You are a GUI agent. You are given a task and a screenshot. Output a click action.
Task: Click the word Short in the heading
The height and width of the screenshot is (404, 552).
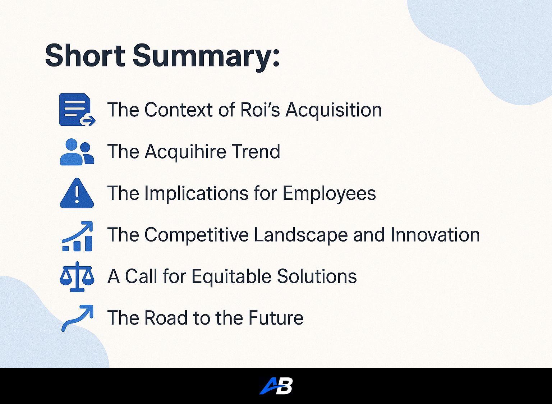(x=85, y=55)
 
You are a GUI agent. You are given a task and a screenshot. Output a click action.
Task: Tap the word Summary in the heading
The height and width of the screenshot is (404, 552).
(x=206, y=57)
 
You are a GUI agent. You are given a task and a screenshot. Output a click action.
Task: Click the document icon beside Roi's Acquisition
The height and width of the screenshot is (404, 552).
(x=77, y=109)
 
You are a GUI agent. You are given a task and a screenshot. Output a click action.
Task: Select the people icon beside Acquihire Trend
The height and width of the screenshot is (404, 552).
(x=77, y=152)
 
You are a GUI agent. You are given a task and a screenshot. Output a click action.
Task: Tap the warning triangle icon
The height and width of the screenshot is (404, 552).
(x=77, y=193)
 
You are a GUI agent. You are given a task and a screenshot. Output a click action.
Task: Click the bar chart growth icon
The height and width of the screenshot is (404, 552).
(x=77, y=236)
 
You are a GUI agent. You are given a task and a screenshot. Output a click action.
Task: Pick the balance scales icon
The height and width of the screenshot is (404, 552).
(x=77, y=277)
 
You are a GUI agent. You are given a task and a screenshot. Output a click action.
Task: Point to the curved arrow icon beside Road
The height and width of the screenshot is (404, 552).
(x=77, y=318)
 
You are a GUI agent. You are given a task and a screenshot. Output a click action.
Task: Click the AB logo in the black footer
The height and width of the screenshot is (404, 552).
(x=276, y=386)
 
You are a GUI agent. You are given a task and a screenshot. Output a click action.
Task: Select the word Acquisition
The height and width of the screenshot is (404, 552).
(x=333, y=110)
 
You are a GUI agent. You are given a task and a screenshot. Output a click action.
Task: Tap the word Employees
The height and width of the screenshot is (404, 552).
(x=329, y=194)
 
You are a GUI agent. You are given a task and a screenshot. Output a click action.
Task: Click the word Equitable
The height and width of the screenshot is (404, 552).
(x=231, y=277)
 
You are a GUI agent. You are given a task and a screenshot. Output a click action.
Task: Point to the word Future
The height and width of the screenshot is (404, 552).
(x=276, y=318)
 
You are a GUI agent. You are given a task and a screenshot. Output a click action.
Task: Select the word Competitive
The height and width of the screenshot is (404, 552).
(x=197, y=235)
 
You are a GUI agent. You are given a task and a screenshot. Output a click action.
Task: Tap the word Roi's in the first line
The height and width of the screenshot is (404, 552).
(x=260, y=110)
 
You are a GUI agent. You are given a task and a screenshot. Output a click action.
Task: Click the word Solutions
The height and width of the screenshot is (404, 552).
(x=317, y=276)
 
